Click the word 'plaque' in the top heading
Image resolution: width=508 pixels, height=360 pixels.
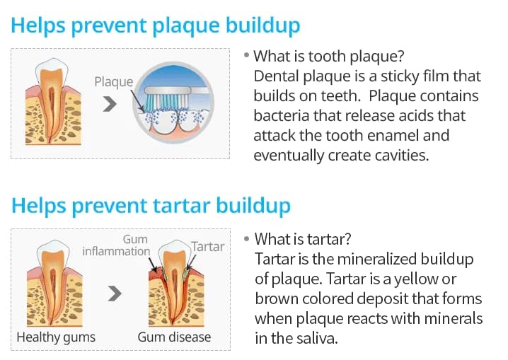[186, 26]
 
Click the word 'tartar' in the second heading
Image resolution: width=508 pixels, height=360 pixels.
[181, 206]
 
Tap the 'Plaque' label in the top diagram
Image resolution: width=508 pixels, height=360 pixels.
[114, 82]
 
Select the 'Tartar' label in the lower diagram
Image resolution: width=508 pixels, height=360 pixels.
[208, 247]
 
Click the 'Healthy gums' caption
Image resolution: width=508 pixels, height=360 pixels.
[56, 337]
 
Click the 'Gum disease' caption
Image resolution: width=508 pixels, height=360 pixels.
[174, 337]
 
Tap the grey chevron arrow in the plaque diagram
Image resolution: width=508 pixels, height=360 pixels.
[110, 104]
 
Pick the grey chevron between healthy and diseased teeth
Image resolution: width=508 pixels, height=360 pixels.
[115, 294]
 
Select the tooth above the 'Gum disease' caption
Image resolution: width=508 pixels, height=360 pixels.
[175, 283]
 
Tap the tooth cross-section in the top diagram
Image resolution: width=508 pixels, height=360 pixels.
[52, 101]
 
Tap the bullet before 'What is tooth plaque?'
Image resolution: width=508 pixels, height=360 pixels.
[246, 55]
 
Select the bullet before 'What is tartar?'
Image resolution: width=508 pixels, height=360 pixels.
[247, 239]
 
